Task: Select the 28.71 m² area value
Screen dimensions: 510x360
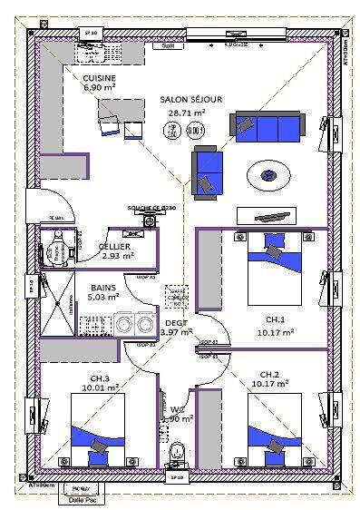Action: click(x=187, y=113)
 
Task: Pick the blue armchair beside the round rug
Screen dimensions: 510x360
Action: click(x=206, y=171)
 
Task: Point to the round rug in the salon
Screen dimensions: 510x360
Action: click(x=270, y=172)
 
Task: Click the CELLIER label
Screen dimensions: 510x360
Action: click(x=114, y=246)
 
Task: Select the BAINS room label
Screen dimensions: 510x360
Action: click(x=102, y=287)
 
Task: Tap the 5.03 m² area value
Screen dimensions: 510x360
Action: click(x=102, y=297)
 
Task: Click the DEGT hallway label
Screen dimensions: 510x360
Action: click(x=176, y=321)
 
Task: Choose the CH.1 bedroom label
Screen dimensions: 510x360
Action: click(x=276, y=320)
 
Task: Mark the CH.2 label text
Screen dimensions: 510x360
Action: click(x=269, y=374)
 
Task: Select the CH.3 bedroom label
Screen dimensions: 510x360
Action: click(x=100, y=378)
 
